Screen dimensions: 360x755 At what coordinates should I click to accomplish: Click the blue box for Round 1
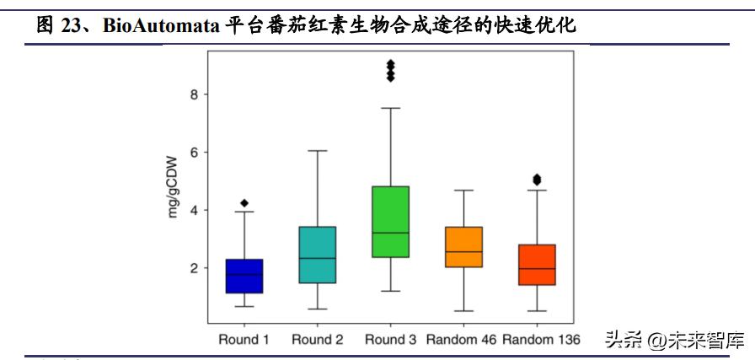click(x=244, y=276)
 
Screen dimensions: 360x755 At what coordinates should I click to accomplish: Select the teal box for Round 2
click(x=318, y=255)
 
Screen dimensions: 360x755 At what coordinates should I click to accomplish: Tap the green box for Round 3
click(x=391, y=222)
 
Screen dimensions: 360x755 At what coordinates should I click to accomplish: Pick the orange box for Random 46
click(x=463, y=247)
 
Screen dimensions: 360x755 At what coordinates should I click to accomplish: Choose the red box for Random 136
click(x=537, y=265)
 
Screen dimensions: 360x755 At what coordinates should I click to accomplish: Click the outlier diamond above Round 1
click(x=244, y=203)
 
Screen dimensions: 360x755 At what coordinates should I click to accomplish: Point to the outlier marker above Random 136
click(x=537, y=179)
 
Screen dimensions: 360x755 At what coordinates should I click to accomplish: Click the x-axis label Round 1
click(x=244, y=340)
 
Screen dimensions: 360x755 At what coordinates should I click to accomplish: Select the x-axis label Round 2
click(x=318, y=340)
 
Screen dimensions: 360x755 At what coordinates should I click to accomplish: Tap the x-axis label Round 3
click(x=391, y=340)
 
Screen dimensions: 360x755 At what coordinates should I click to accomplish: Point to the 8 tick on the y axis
click(x=194, y=94)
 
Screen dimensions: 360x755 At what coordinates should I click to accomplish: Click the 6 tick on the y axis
click(x=194, y=153)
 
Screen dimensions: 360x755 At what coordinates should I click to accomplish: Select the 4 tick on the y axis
click(x=194, y=210)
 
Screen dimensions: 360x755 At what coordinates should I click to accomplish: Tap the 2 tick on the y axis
click(x=194, y=268)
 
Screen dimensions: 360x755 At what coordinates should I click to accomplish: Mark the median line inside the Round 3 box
click(x=391, y=233)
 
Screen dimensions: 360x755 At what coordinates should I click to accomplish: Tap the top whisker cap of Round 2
click(x=318, y=151)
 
